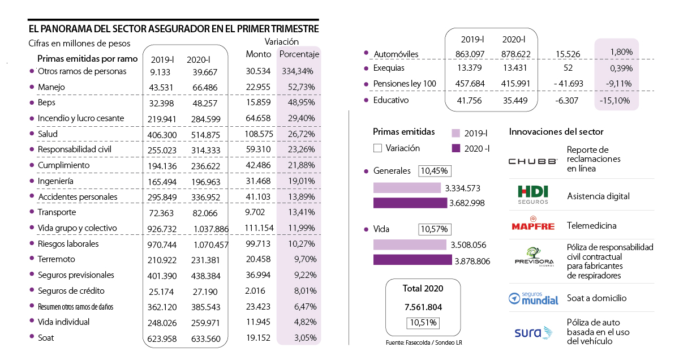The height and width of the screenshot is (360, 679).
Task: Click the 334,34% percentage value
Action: pyautogui.click(x=298, y=71)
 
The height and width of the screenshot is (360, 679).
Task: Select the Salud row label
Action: pyautogui.click(x=48, y=134)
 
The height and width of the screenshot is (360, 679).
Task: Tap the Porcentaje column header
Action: pyautogui.click(x=299, y=54)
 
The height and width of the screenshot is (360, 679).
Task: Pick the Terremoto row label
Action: pyautogui.click(x=56, y=259)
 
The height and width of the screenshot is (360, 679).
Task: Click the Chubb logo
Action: pyautogui.click(x=532, y=161)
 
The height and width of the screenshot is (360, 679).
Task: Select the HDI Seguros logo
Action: pyautogui.click(x=532, y=195)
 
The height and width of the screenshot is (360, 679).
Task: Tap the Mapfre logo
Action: pyautogui.click(x=532, y=225)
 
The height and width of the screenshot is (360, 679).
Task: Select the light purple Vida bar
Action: pyautogui.click(x=410, y=245)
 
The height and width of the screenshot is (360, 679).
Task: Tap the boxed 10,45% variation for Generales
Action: pyautogui.click(x=433, y=171)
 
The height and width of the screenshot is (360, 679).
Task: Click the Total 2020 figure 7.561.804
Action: pyautogui.click(x=423, y=307)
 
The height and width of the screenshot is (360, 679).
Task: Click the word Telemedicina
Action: pyautogui.click(x=591, y=226)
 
